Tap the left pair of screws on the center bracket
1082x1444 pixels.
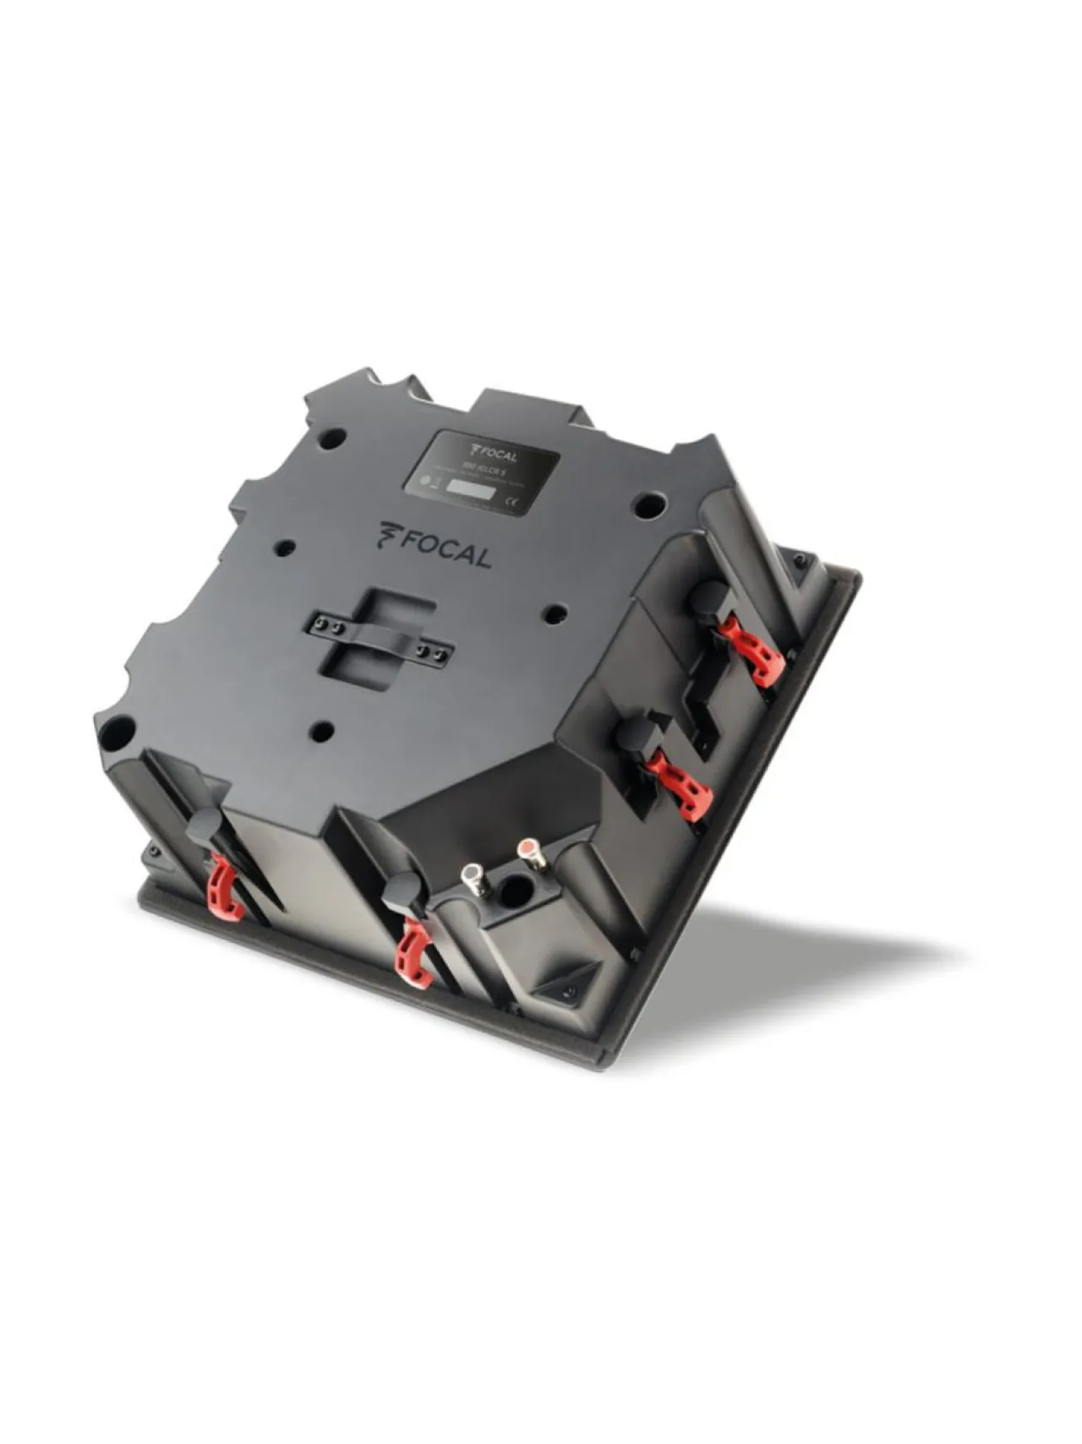(x=327, y=626)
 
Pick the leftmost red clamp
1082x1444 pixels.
(x=226, y=886)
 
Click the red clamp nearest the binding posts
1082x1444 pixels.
(x=416, y=954)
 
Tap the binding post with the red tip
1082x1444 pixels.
(x=527, y=849)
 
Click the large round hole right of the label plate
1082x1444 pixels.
(x=650, y=504)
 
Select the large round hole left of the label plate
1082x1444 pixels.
(x=333, y=438)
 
